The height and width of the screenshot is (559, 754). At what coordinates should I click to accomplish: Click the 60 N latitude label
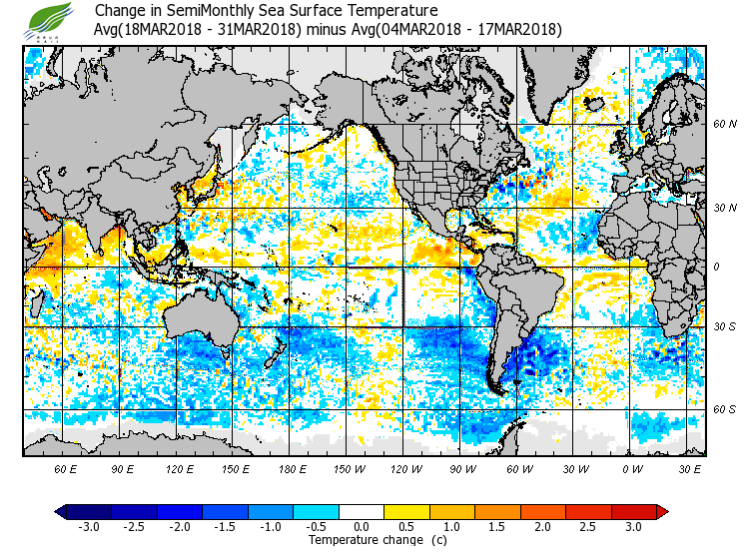[724, 125]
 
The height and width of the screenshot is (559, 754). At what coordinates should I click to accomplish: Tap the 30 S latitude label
[724, 327]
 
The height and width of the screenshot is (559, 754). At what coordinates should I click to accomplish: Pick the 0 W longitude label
[631, 468]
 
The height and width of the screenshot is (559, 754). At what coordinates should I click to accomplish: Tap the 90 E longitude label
[123, 468]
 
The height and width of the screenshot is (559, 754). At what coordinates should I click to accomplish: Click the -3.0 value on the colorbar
[88, 526]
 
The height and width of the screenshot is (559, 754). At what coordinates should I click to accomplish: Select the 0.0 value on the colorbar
[363, 526]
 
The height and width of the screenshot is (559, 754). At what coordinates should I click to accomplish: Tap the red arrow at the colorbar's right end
[661, 511]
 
